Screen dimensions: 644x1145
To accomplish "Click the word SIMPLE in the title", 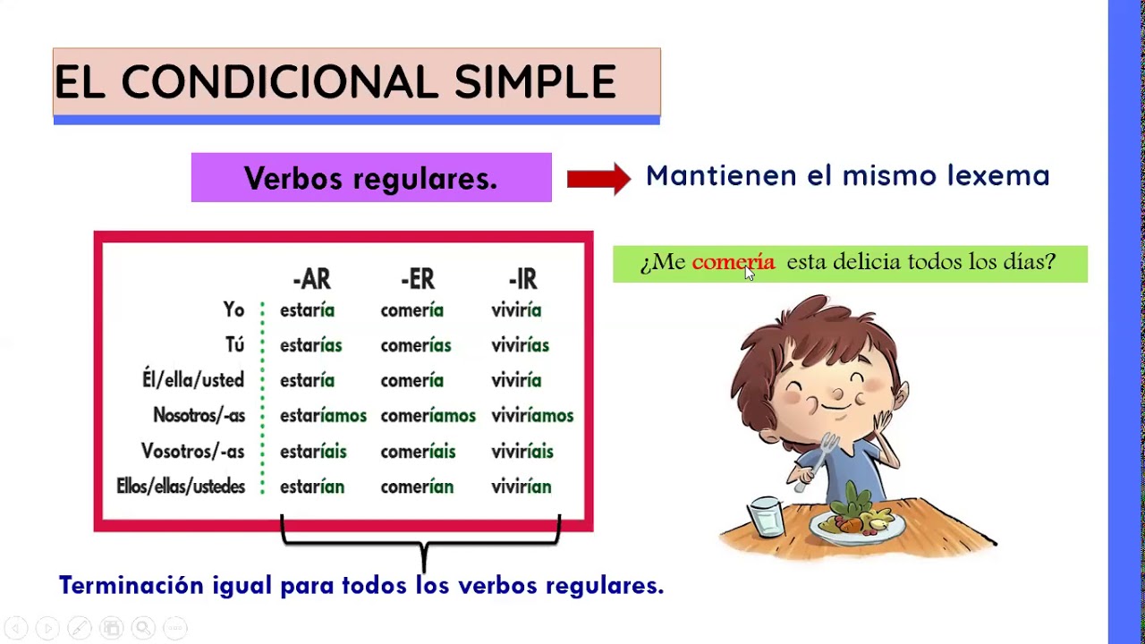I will click(535, 82).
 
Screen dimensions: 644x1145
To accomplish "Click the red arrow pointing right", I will click(598, 178).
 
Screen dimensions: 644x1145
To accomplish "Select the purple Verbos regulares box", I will click(371, 178).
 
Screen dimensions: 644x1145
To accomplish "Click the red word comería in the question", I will click(732, 262).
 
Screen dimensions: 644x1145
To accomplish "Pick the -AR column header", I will click(311, 280).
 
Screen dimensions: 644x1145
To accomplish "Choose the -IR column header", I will click(522, 280).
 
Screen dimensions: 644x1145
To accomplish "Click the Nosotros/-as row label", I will click(199, 416).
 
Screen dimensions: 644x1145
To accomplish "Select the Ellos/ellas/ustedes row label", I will click(181, 487).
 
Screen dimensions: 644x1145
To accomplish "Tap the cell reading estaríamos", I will click(323, 416).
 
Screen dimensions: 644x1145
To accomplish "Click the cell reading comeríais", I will click(418, 452).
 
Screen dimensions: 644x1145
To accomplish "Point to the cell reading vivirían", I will click(521, 487).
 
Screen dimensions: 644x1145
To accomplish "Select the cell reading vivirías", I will click(520, 345).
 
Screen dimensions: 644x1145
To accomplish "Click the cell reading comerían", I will click(417, 487).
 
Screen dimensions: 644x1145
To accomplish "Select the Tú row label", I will click(234, 345).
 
